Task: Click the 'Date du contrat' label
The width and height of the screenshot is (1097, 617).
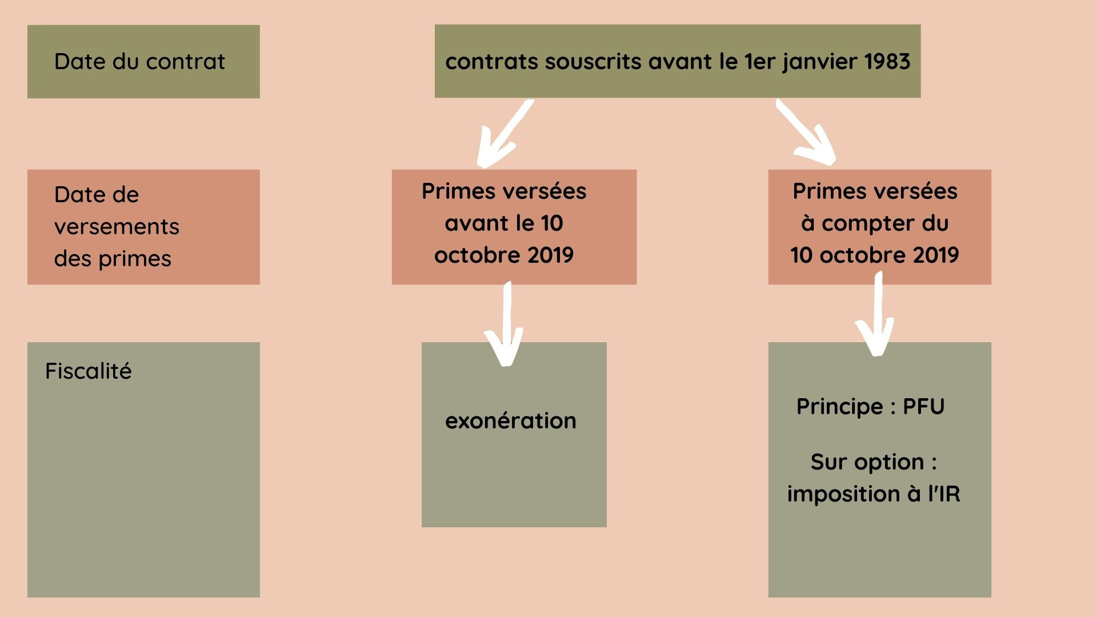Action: coord(139,62)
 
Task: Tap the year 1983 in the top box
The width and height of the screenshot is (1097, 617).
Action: coord(887,62)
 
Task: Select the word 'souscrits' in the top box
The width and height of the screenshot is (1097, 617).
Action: coord(592,62)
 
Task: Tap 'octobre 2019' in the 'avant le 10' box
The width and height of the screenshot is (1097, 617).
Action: coord(503,255)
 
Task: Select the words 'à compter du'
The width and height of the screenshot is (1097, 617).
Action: coord(875,223)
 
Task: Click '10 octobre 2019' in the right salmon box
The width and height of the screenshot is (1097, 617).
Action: coord(875,255)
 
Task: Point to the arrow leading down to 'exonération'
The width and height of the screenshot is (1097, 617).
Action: coord(506,326)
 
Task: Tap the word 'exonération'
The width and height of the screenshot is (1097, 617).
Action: coord(511,421)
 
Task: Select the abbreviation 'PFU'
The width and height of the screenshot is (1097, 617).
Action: coord(923,407)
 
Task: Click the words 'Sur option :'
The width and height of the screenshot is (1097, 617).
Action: coord(874,462)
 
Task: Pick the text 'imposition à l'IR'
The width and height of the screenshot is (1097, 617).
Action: coord(874,494)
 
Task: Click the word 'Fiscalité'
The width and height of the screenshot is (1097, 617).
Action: coord(89,371)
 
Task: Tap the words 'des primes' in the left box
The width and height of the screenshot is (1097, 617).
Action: coord(113,259)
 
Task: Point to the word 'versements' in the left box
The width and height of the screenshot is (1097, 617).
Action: coord(117,227)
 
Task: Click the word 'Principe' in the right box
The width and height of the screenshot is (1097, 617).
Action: coord(840,407)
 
